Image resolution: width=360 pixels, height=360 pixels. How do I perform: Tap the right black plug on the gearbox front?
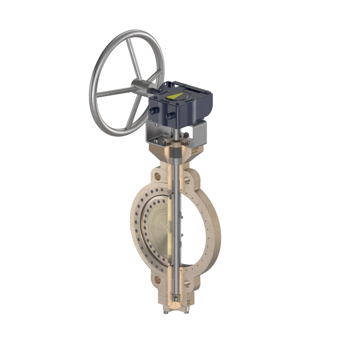point(171,115)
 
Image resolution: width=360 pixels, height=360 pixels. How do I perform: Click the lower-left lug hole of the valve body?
point(157,280)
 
